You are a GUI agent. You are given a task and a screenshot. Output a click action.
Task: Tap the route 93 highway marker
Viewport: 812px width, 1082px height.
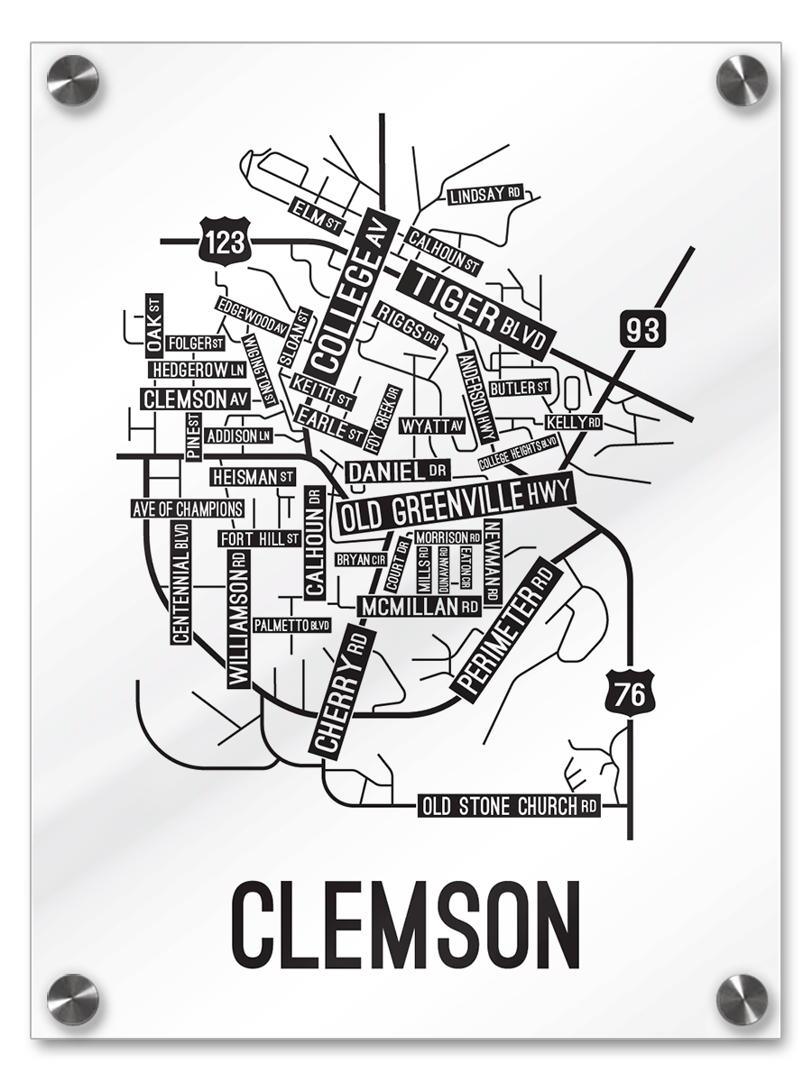(642, 329)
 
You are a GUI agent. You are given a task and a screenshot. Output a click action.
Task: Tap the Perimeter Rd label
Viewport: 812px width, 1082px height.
(504, 628)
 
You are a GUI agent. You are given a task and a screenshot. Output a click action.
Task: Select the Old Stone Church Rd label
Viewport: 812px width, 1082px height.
(509, 806)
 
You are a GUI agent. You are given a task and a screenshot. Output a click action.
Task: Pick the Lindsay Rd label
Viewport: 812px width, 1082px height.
(485, 195)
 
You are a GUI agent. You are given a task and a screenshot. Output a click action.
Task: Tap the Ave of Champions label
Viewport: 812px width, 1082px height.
(188, 509)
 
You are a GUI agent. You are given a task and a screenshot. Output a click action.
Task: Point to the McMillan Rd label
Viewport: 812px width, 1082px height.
(420, 607)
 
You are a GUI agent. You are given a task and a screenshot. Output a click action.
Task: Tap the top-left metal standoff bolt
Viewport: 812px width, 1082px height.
(72, 79)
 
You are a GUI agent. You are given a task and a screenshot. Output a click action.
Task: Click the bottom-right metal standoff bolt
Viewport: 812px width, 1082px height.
(742, 999)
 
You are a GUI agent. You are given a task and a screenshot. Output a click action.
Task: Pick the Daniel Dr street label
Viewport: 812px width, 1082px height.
(397, 471)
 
